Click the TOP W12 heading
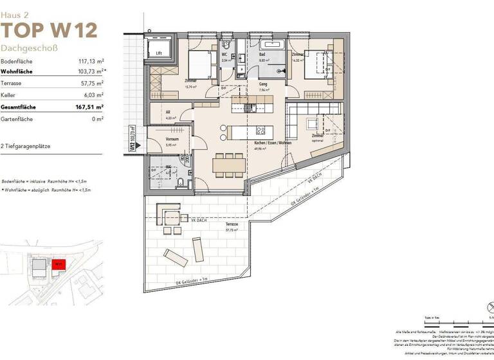[49, 30]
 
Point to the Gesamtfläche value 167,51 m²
[89, 107]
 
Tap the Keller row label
[8, 96]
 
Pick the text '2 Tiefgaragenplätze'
[26, 147]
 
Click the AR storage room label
[151, 113]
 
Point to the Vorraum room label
[153, 139]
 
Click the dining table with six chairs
[229, 165]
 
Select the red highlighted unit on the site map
[58, 264]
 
